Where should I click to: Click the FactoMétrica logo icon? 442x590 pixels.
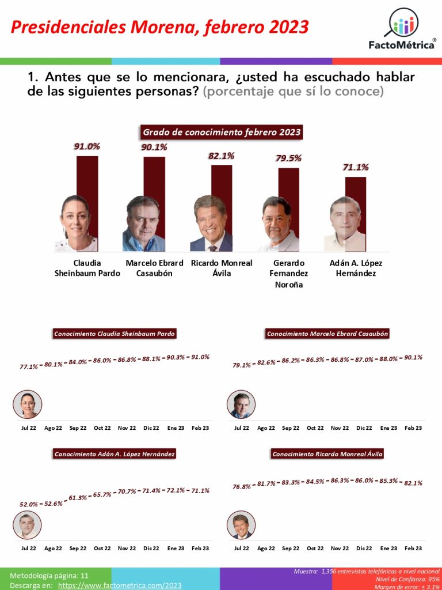coord(401,24)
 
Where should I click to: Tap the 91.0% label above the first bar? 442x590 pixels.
coord(86,146)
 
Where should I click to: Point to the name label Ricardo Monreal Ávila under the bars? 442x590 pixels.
coord(222,268)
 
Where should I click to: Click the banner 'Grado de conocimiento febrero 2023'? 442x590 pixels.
coord(222,133)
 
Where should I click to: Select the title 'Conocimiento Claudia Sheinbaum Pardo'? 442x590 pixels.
coord(114,334)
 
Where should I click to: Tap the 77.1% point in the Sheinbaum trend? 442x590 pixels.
coord(29,366)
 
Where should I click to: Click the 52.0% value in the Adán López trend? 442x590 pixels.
coord(29,504)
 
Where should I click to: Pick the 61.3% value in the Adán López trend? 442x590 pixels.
coord(78,498)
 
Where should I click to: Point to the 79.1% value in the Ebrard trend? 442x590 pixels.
coord(242,365)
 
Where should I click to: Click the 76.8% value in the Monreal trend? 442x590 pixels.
coord(242,487)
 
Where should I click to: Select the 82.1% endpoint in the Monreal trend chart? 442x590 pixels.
coord(413,483)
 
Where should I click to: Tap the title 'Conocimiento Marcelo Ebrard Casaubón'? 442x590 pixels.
coord(327,334)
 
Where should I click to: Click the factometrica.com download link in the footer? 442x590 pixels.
coord(120,585)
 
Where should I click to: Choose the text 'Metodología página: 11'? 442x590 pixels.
coord(49,575)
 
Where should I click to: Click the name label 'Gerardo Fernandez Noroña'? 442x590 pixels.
coord(289,274)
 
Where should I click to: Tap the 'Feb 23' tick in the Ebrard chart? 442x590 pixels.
coord(413,428)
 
